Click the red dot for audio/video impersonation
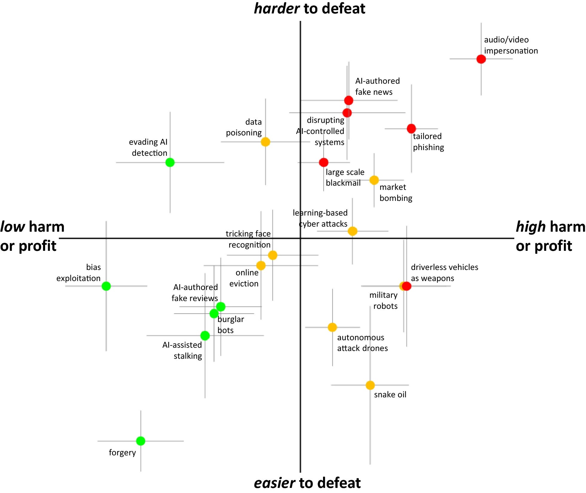point(481,59)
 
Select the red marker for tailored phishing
point(411,129)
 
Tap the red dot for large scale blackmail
point(323,162)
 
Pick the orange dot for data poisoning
point(265,142)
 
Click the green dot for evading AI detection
point(170,162)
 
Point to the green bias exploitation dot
point(106,286)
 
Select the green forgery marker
point(140,441)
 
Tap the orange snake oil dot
point(370,385)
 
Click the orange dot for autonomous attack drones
point(332,327)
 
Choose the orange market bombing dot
point(374,180)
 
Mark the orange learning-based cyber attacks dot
point(352,231)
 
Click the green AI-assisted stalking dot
point(205,335)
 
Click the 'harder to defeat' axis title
point(309,8)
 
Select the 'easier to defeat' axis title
point(307,483)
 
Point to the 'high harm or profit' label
point(550,236)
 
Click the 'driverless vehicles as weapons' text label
point(444,273)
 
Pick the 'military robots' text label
point(383,300)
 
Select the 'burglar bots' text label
point(230,325)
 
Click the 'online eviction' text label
point(244,278)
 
